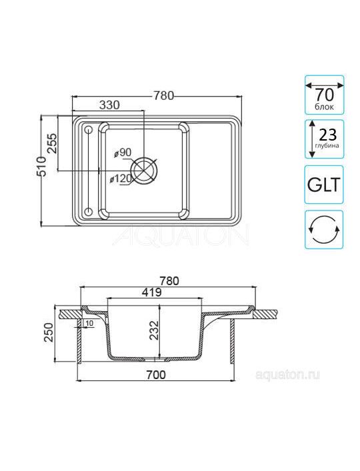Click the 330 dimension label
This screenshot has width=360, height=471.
pyautogui.click(x=109, y=105)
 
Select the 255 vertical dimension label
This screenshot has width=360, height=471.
pyautogui.click(x=52, y=143)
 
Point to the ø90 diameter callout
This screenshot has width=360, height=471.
pyautogui.click(x=123, y=153)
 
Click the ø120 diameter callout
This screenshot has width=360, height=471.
pyautogui.click(x=121, y=179)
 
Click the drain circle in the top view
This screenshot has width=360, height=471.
pyautogui.click(x=144, y=171)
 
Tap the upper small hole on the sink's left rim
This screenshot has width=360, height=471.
pyautogui.click(x=89, y=130)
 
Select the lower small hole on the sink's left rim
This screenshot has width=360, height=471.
pyautogui.click(x=89, y=211)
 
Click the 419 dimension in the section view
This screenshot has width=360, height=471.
pyautogui.click(x=152, y=292)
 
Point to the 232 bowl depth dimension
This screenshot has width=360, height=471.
pyautogui.click(x=154, y=330)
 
